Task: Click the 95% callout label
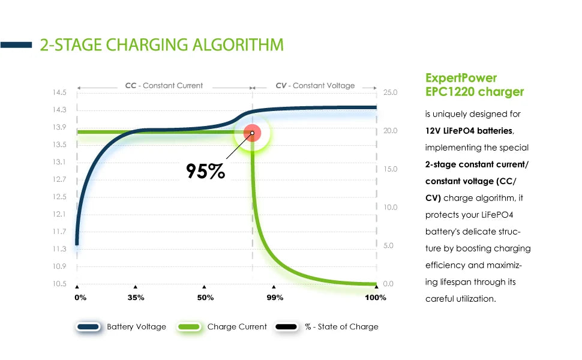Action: click(x=205, y=171)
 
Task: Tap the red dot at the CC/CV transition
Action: click(x=253, y=133)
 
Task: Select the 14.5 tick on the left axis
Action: click(x=59, y=92)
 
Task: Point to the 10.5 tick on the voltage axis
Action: click(x=59, y=284)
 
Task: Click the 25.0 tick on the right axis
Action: click(x=390, y=92)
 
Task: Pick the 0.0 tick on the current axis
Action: click(x=388, y=284)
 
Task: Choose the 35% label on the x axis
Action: click(x=136, y=298)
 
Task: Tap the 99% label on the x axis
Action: click(x=275, y=298)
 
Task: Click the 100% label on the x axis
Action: click(x=376, y=298)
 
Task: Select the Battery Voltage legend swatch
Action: click(x=88, y=326)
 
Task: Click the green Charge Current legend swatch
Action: click(x=189, y=326)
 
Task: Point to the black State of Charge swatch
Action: click(x=286, y=326)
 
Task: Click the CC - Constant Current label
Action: click(x=164, y=85)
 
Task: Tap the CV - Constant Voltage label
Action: click(x=315, y=85)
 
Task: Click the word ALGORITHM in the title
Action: click(x=238, y=45)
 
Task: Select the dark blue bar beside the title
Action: click(x=16, y=45)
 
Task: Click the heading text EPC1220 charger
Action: click(x=475, y=92)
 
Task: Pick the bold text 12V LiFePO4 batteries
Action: click(x=469, y=131)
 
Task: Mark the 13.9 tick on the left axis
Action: click(x=59, y=127)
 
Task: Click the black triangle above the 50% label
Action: click(x=204, y=287)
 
